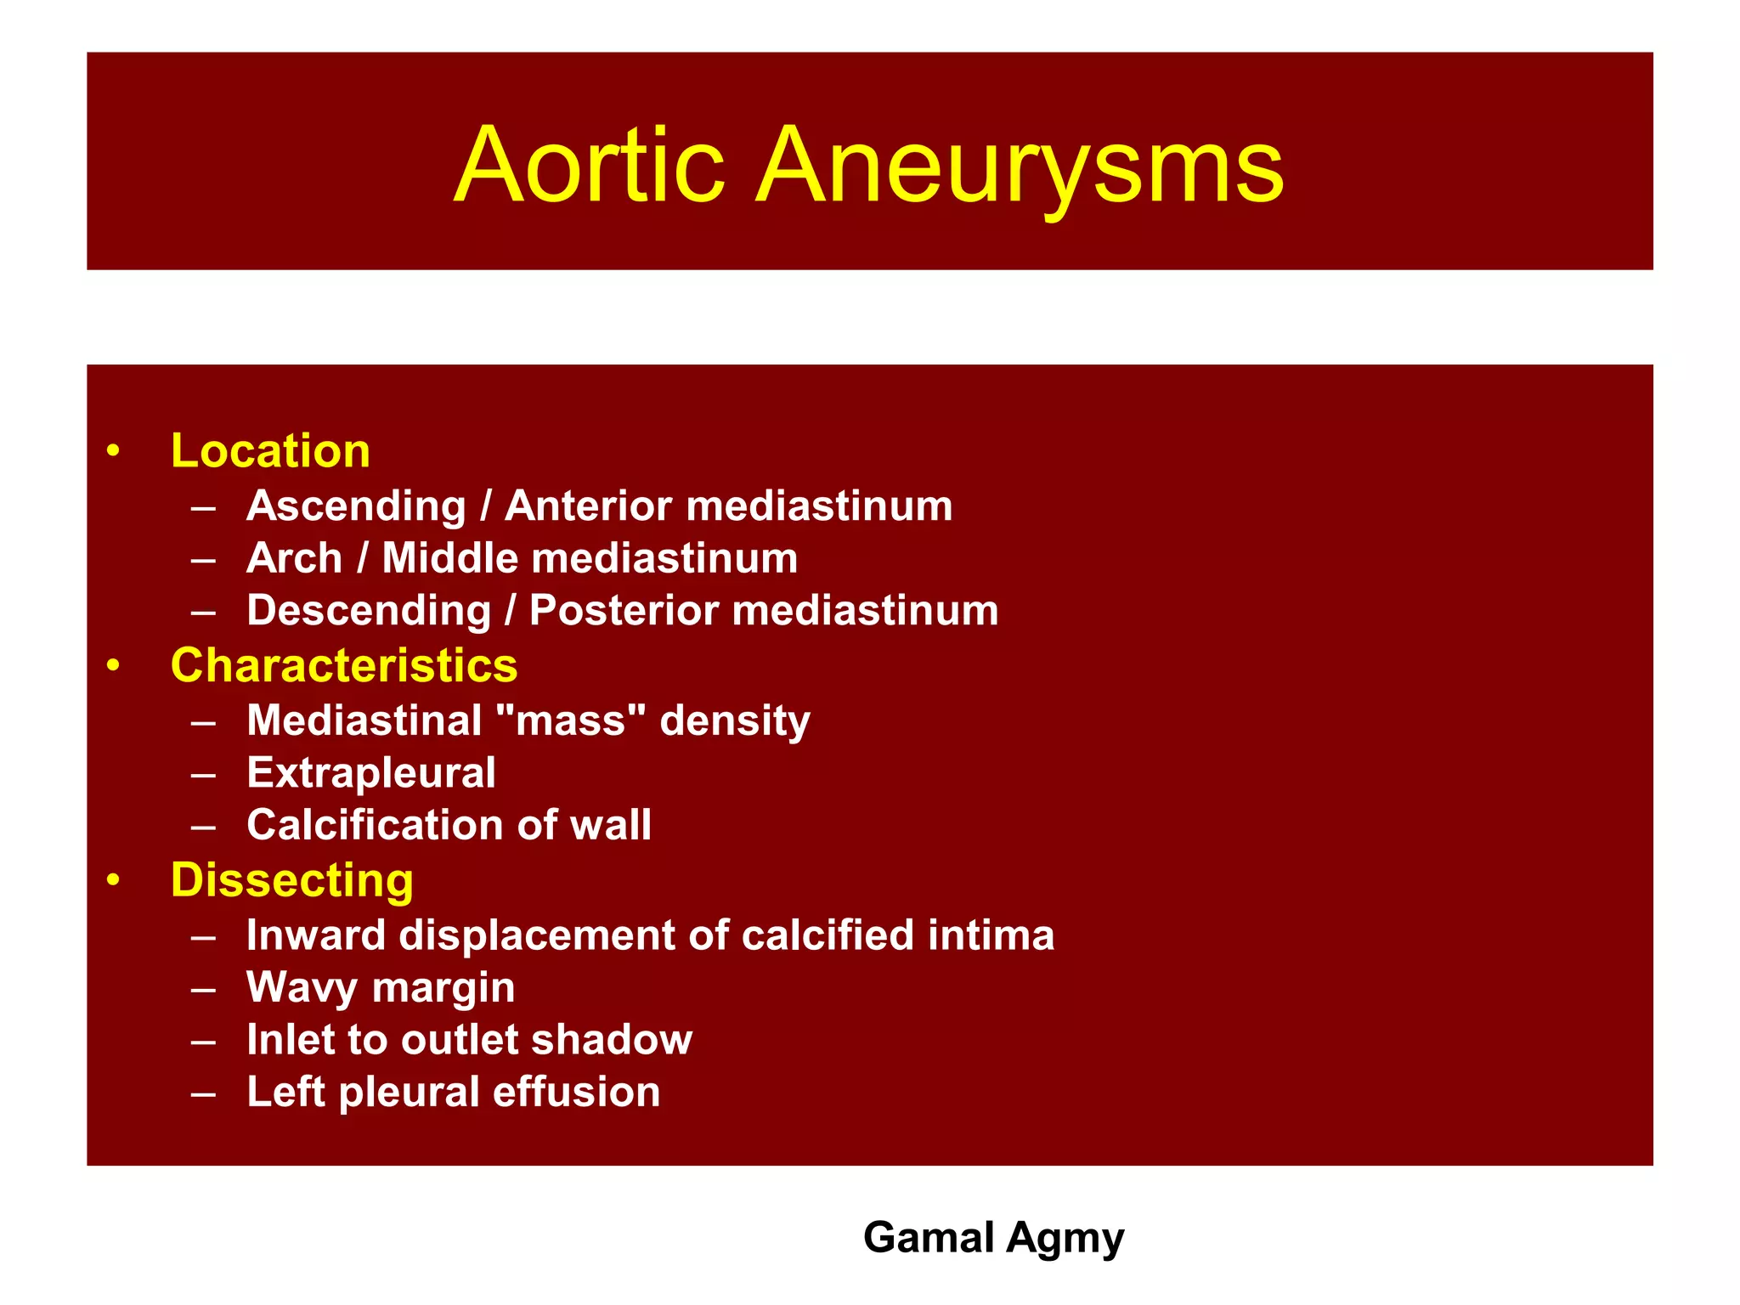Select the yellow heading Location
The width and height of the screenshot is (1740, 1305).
pos(270,450)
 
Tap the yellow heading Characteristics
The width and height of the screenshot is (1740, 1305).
pos(343,665)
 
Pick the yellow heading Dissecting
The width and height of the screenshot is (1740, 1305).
pos(291,880)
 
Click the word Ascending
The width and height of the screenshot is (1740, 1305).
pos(356,506)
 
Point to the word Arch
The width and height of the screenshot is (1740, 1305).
pos(294,558)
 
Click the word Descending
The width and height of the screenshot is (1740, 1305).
pos(369,611)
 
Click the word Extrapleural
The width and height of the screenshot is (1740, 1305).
pos(370,773)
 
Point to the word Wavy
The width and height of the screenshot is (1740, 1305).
pos(302,987)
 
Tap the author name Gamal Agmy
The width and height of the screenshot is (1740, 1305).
pos(993,1238)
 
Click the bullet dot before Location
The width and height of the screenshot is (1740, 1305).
pos(113,451)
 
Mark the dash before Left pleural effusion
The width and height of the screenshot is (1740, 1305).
pos(203,1093)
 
